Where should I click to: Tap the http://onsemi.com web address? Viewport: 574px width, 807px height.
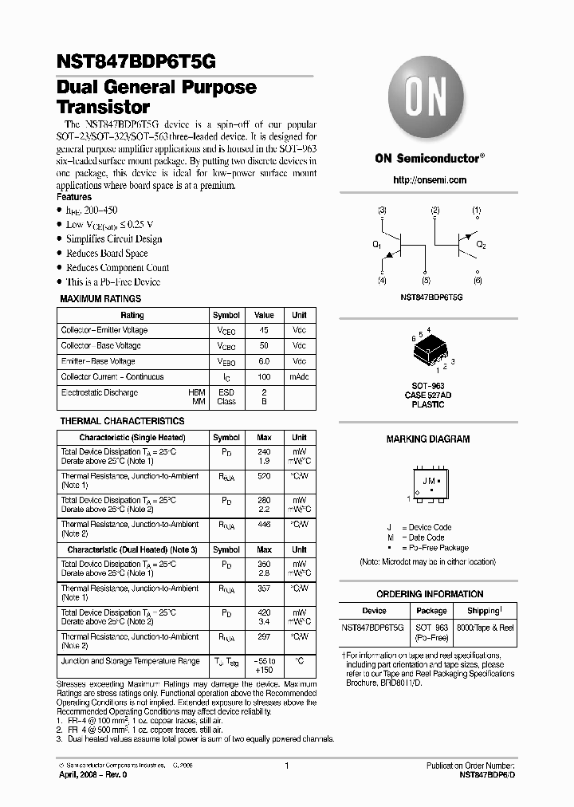tap(430, 180)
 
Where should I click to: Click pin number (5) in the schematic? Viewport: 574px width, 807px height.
tap(427, 281)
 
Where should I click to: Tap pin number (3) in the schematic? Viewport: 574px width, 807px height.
tap(382, 211)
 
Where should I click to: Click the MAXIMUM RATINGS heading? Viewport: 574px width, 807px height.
tap(101, 299)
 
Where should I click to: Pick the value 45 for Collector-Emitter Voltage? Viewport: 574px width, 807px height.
tap(264, 330)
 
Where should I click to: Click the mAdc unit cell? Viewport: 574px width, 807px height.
tap(299, 377)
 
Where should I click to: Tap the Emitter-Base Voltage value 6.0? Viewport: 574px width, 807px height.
tap(264, 361)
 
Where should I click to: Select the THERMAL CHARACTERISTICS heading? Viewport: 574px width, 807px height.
tap(122, 421)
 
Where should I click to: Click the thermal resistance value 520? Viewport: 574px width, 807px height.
tap(264, 476)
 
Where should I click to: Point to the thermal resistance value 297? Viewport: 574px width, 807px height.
tap(264, 637)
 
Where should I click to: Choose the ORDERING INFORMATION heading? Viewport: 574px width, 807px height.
tap(429, 594)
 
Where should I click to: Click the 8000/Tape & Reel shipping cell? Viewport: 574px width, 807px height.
tap(485, 628)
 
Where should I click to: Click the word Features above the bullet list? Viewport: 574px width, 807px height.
tap(74, 197)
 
